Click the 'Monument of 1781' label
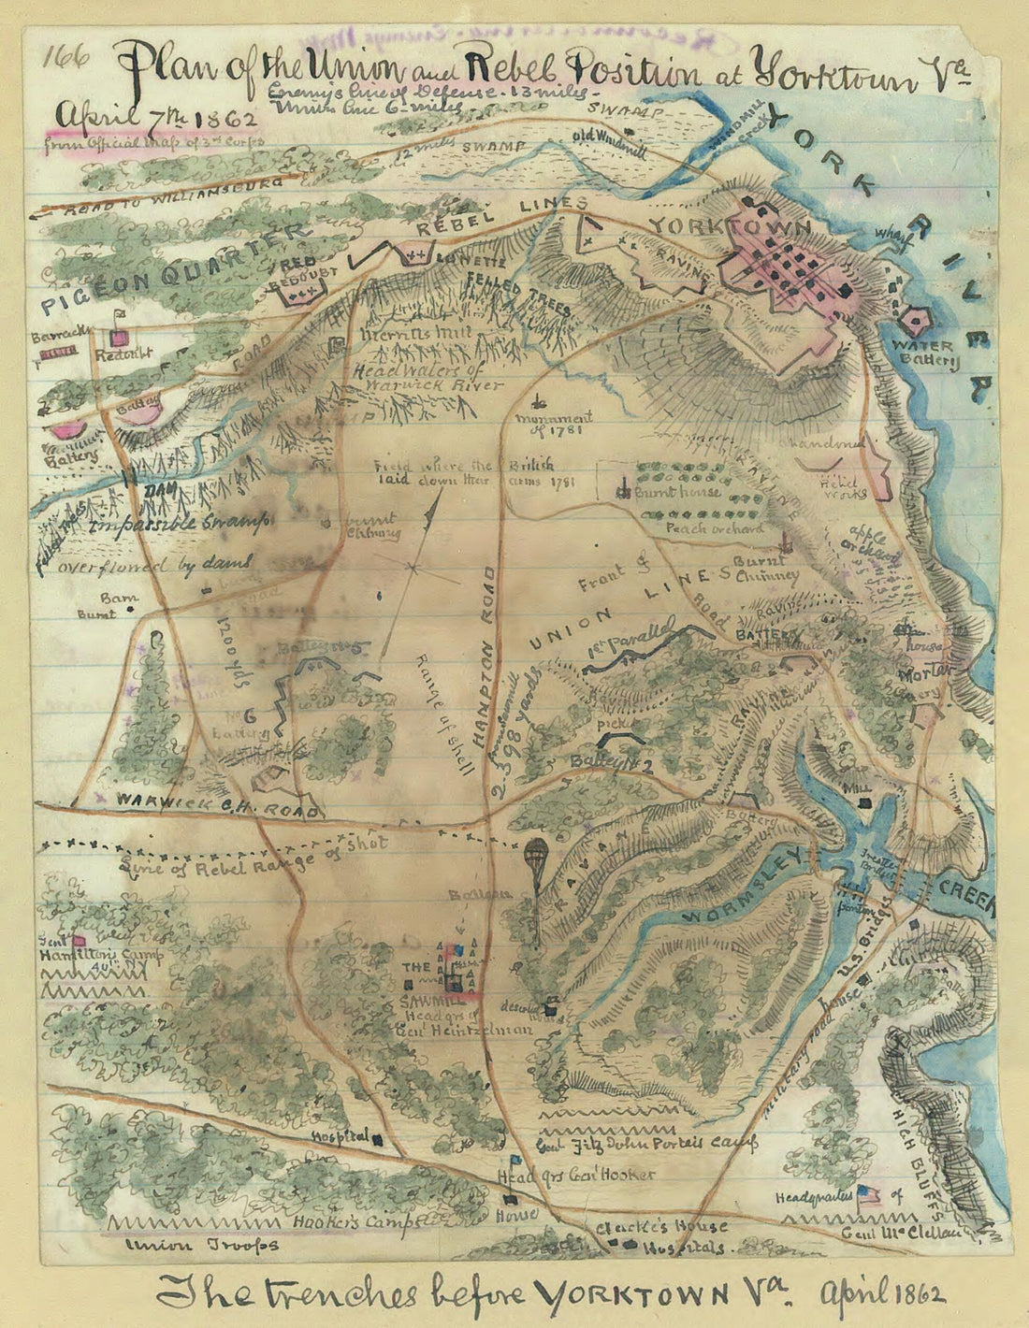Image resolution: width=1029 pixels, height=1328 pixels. click(561, 423)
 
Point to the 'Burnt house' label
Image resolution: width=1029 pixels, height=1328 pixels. click(677, 491)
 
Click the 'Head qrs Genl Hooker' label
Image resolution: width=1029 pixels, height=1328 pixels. click(575, 1176)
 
